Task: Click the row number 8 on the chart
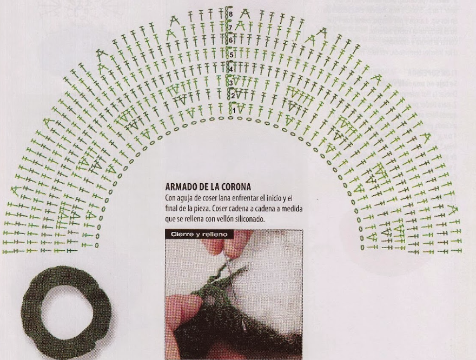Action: tap(230, 14)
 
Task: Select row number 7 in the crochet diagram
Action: tap(230, 28)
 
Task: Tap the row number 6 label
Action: tap(230, 41)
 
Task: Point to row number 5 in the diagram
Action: tap(231, 55)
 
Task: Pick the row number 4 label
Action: tap(231, 70)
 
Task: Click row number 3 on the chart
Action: tap(231, 83)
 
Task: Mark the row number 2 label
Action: tap(233, 96)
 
